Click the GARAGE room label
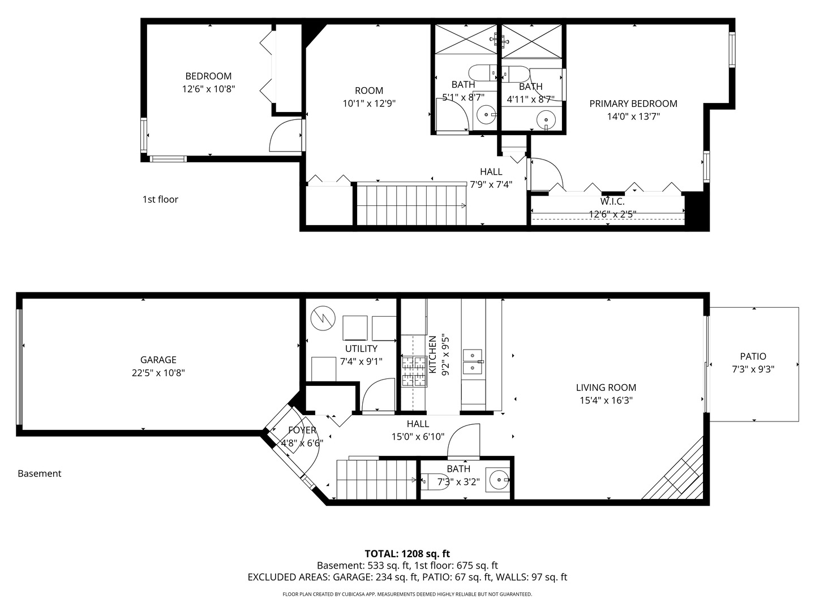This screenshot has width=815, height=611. click(x=158, y=359)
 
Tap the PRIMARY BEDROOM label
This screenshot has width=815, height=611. click(x=633, y=104)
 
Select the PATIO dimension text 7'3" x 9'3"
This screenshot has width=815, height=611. click(x=753, y=369)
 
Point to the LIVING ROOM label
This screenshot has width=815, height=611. click(x=606, y=388)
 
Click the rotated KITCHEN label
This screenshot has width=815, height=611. click(x=432, y=355)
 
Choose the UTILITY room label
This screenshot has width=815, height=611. click(x=361, y=348)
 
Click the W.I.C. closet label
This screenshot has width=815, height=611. click(x=612, y=201)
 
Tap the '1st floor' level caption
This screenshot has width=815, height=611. click(x=160, y=199)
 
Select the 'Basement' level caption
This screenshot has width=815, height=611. click(x=40, y=474)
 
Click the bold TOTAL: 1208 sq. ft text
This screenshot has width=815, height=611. click(x=407, y=554)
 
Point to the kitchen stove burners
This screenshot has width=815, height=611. click(x=414, y=371)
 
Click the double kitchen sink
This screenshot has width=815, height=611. click(x=472, y=362)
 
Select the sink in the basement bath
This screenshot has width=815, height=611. click(x=498, y=480)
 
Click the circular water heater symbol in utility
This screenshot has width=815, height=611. click(x=323, y=319)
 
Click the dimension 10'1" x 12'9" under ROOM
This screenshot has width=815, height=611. click(x=369, y=103)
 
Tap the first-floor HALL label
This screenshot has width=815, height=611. click(x=491, y=171)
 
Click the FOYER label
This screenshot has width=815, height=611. click(x=302, y=430)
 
